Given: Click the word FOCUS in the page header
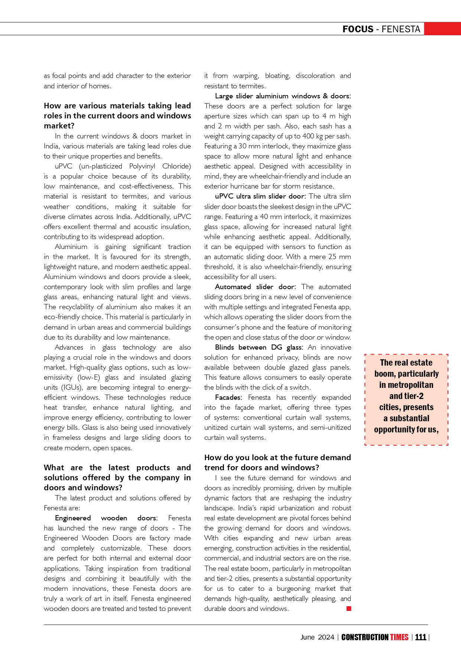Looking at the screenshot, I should coord(358,29).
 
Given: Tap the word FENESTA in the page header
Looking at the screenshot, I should coord(401,29).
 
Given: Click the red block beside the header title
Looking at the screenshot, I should coord(442,29).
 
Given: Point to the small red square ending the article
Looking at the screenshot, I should coord(349,608).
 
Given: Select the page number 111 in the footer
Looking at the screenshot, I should coord(421,637).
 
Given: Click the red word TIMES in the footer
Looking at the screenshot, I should coord(399,637).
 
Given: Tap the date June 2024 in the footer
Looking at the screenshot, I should coord(317,637).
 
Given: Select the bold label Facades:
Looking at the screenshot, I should coord(228,398).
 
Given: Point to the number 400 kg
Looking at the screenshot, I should coord(312,136).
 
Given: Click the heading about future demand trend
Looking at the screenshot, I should coord(277,462).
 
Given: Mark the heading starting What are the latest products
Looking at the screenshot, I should coord(117,477).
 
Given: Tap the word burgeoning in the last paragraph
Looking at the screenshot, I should coord(293,589).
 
